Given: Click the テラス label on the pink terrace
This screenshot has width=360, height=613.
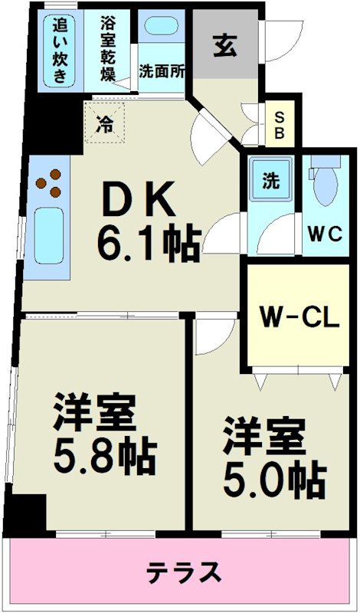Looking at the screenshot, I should click(184, 571).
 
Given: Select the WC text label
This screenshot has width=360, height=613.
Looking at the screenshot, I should click(326, 234).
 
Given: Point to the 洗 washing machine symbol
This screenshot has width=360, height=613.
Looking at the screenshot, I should click(270, 182).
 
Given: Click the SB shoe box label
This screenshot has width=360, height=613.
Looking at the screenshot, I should click(280, 124).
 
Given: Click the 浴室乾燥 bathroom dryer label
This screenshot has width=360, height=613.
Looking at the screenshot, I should click(110, 48).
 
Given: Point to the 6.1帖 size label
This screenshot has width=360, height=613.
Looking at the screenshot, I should click(148, 244).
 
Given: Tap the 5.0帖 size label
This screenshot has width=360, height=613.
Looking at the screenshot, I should click(273, 480).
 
